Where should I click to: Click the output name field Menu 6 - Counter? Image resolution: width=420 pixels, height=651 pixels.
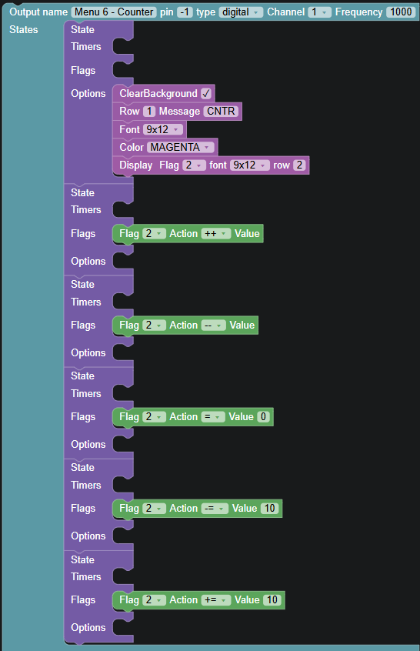click(114, 12)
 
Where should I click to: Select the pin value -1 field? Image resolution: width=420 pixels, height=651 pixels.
click(185, 12)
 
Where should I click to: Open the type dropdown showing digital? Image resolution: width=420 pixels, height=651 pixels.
click(241, 12)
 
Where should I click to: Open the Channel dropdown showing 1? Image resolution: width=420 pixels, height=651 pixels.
click(319, 12)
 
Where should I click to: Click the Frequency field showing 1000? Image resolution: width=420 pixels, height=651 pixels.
click(401, 12)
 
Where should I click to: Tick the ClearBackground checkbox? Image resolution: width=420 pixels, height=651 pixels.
click(206, 93)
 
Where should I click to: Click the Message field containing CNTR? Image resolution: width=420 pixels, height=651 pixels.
click(221, 112)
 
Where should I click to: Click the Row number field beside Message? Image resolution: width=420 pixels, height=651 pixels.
click(149, 112)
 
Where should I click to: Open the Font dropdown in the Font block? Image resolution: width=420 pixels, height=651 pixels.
click(162, 129)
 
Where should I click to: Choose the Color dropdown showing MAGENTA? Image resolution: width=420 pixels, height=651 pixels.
click(181, 148)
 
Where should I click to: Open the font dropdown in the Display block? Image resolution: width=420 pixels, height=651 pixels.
click(250, 165)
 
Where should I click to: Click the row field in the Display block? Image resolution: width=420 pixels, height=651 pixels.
click(299, 165)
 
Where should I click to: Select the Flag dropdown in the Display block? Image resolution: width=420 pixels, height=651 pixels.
click(194, 165)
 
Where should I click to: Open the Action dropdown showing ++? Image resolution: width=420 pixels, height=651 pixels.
click(216, 234)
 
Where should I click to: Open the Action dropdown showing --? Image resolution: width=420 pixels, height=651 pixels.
click(213, 325)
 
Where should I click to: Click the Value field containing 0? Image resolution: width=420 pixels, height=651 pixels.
click(263, 417)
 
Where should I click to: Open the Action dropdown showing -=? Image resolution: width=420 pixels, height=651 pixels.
click(215, 509)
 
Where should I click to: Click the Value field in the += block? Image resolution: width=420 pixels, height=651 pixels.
click(272, 600)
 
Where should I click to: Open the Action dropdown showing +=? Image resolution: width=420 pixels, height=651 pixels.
click(216, 600)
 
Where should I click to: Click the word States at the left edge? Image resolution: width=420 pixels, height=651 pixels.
click(24, 30)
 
